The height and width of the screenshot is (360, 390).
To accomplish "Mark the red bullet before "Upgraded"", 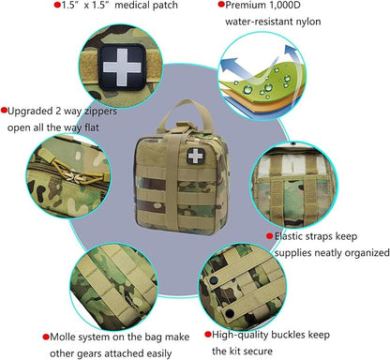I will (5, 110).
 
